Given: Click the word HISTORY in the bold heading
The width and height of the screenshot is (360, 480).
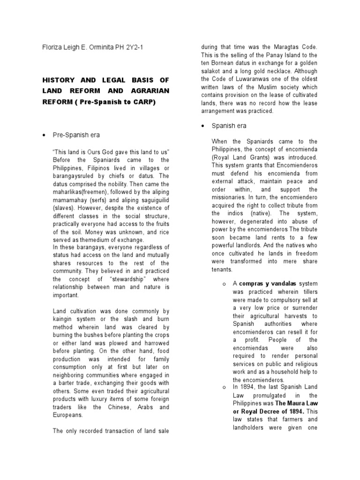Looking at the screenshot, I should coord(58,80).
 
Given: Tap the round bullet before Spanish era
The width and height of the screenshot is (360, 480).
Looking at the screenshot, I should coord(202,126).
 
